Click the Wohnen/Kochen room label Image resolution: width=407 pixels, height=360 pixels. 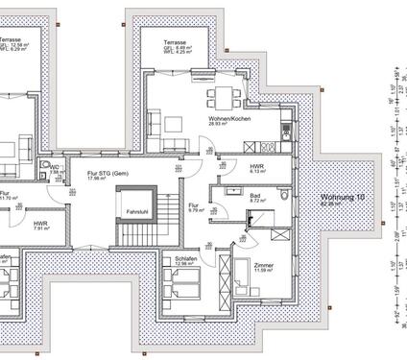click(x=227, y=118)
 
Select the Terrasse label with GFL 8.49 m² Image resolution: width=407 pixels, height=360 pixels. click(x=175, y=43)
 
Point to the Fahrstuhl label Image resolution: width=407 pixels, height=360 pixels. click(x=133, y=211)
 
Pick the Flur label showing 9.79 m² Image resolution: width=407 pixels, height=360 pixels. click(x=193, y=205)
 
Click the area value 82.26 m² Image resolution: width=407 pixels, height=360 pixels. click(x=329, y=204)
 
